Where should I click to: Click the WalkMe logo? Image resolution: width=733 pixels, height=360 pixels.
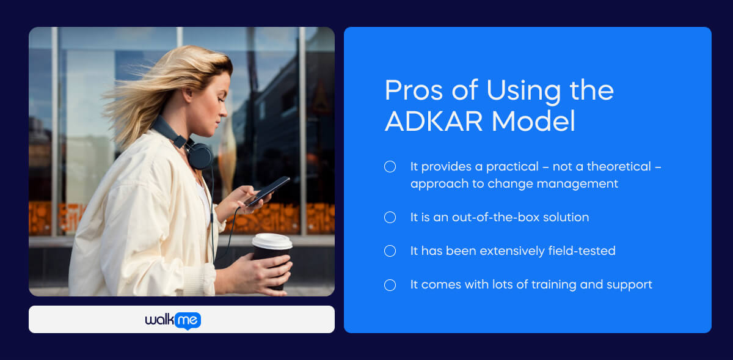pyautogui.click(x=173, y=320)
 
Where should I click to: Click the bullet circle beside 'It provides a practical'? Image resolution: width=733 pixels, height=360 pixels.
pyautogui.click(x=390, y=167)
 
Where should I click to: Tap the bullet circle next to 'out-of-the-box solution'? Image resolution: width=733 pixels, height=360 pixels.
pyautogui.click(x=390, y=218)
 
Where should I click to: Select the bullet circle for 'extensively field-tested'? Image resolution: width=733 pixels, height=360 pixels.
pyautogui.click(x=390, y=251)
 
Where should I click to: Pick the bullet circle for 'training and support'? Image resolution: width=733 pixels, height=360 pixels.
pyautogui.click(x=390, y=285)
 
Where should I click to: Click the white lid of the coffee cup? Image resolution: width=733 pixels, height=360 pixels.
pyautogui.click(x=272, y=241)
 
